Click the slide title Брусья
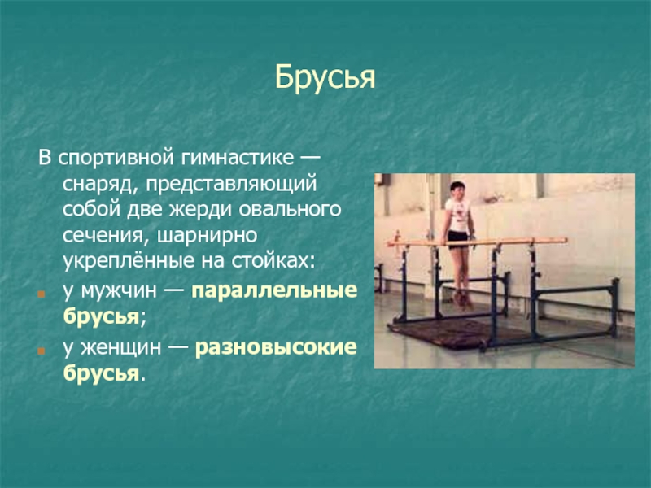click(x=325, y=77)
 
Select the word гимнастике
click(x=237, y=158)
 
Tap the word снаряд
click(x=98, y=185)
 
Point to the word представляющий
click(x=231, y=185)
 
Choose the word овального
click(x=290, y=209)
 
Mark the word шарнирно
click(x=208, y=235)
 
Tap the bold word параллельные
click(x=274, y=291)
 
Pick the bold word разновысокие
click(x=276, y=347)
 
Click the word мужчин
click(x=118, y=291)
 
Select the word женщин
click(x=120, y=347)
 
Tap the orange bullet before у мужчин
click(x=41, y=294)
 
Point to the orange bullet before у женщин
click(x=41, y=351)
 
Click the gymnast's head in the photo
click(x=457, y=190)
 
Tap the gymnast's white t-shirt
click(x=457, y=215)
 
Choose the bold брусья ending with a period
click(x=101, y=373)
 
